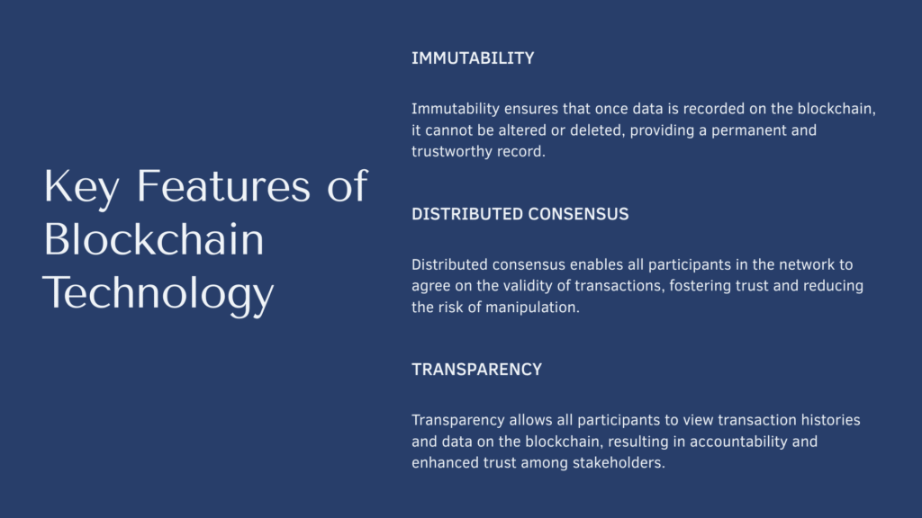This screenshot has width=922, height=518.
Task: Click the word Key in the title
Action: tap(81, 187)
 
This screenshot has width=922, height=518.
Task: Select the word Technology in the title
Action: tap(158, 294)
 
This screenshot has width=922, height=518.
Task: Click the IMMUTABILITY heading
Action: tap(473, 58)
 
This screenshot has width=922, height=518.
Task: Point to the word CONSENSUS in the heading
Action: tap(578, 214)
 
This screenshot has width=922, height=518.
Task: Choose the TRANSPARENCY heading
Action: tap(477, 370)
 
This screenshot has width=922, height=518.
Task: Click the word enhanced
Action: tap(445, 463)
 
